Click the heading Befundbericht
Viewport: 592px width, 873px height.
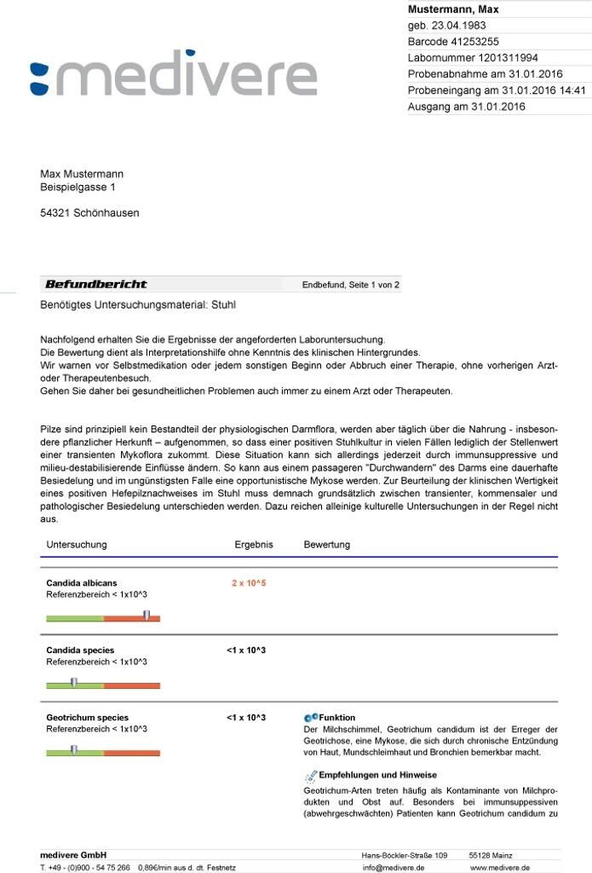95,284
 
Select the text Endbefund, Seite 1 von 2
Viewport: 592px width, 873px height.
350,285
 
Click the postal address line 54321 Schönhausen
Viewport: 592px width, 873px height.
89,213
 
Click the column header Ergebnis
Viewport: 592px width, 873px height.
254,545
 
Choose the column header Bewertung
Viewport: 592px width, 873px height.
327,545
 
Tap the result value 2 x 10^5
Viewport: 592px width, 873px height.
249,583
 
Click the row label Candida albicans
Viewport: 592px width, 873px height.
82,583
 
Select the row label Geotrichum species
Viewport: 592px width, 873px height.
87,718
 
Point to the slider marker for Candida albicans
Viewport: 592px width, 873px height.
146,615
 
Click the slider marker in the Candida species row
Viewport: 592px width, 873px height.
74,682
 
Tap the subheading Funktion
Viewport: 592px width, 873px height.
336,718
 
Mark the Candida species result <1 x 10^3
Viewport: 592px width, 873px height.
246,650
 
